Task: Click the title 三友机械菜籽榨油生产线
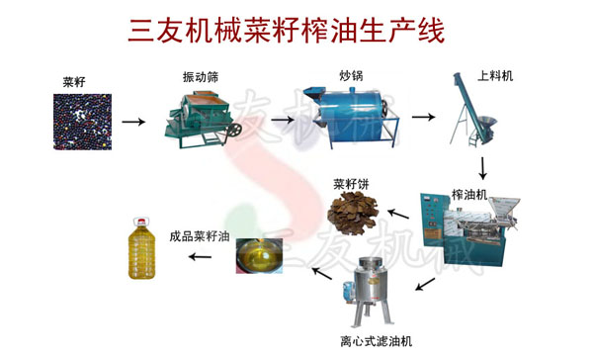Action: click(x=286, y=31)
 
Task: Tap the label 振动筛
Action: click(x=201, y=77)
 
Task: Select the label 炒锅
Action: click(x=351, y=76)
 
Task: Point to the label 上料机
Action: click(x=495, y=76)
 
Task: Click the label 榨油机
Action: click(x=469, y=195)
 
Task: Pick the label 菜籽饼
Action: click(x=351, y=184)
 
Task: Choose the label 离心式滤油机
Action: click(x=376, y=341)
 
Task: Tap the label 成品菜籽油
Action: click(x=200, y=236)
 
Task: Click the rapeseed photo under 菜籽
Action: click(x=82, y=122)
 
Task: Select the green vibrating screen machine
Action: click(x=203, y=120)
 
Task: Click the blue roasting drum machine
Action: click(x=351, y=117)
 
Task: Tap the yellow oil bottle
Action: click(x=141, y=248)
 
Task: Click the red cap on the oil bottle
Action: click(x=141, y=222)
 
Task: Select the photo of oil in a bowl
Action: click(x=259, y=255)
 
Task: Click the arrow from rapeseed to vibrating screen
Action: click(x=133, y=122)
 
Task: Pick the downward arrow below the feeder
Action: click(x=482, y=168)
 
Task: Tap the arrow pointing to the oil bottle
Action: click(x=200, y=257)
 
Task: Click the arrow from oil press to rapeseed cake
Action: click(x=398, y=214)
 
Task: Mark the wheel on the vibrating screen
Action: click(x=234, y=130)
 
